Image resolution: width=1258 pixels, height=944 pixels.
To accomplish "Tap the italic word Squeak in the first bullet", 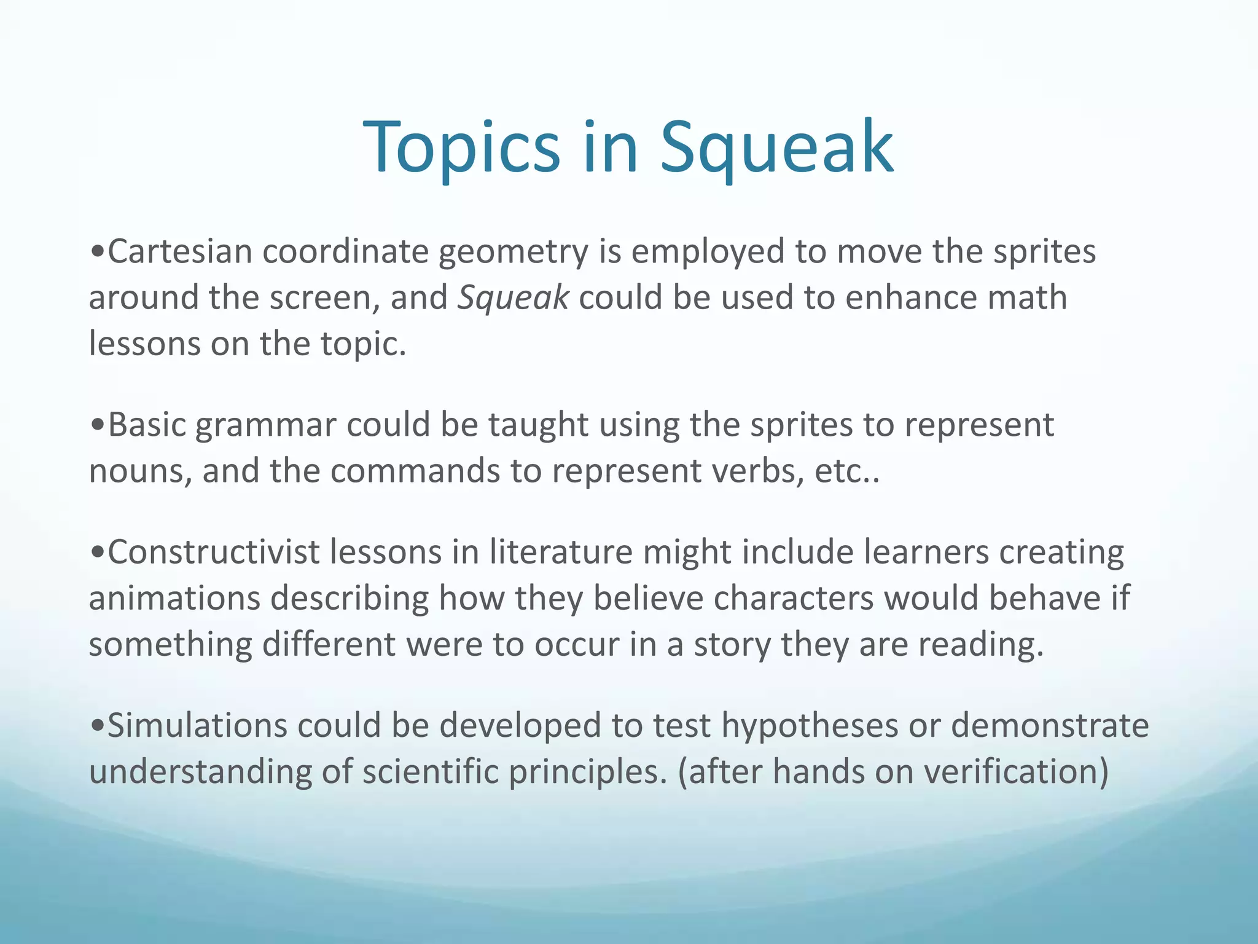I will (514, 298).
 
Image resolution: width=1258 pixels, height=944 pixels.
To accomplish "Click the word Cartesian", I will (180, 252).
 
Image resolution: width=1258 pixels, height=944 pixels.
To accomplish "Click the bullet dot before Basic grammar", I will (97, 425).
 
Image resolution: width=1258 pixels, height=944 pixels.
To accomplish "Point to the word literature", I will (560, 552).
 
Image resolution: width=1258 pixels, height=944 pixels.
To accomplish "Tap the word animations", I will (174, 598).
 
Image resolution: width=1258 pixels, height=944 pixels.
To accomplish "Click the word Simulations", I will (197, 725).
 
